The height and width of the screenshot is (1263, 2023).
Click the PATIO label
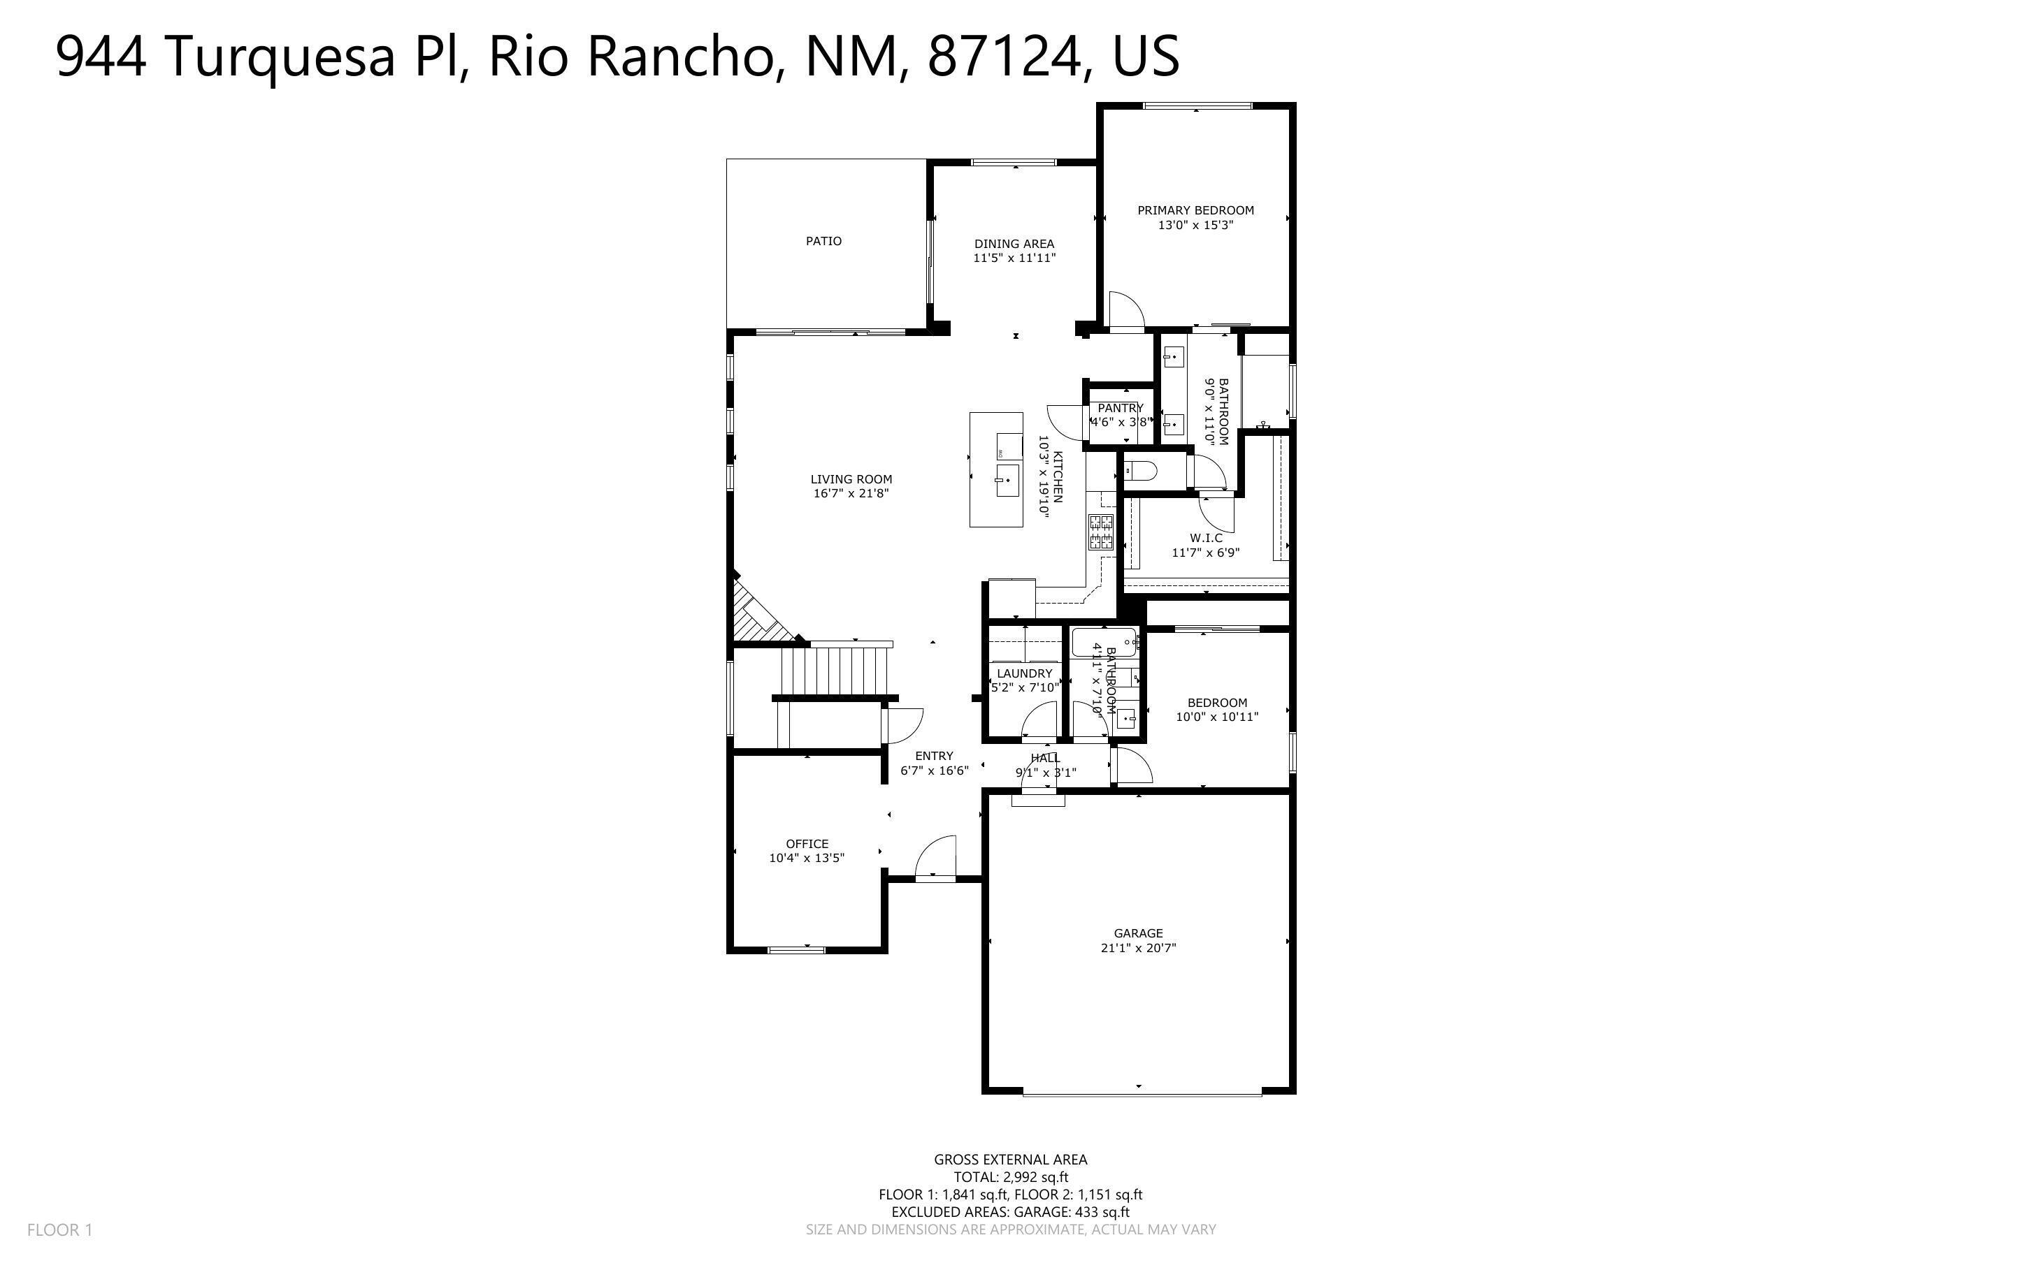click(823, 242)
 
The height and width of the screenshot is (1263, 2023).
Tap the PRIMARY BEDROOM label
click(1195, 210)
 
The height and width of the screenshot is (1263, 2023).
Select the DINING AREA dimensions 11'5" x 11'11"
click(1014, 258)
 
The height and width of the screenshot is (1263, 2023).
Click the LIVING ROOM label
click(851, 479)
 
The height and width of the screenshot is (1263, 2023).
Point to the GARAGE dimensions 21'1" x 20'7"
click(1138, 948)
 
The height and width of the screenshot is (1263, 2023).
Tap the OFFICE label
click(807, 844)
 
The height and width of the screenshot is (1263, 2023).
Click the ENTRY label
click(933, 756)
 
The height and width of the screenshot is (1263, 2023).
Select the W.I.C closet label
click(1205, 538)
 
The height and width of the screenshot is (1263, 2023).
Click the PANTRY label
click(1120, 408)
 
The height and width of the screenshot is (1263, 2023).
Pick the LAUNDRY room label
click(1025, 673)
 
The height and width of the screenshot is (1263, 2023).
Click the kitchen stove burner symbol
click(1100, 532)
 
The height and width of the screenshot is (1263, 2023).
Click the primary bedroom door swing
click(1124, 311)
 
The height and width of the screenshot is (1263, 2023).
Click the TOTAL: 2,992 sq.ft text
click(1010, 1177)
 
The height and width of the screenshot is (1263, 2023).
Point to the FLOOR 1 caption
click(59, 1229)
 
